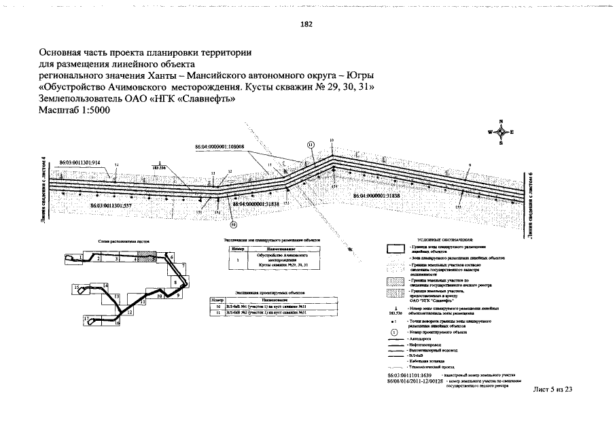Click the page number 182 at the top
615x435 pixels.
tap(306, 24)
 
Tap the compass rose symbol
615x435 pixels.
tap(501, 132)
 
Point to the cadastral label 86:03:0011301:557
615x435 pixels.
tap(111, 204)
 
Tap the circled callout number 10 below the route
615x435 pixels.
tap(234, 224)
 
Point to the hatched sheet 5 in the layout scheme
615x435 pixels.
tap(143, 258)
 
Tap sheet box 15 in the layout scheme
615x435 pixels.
tap(77, 288)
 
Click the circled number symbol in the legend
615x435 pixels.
tap(394, 332)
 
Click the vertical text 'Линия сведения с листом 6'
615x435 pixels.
tap(529, 196)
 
